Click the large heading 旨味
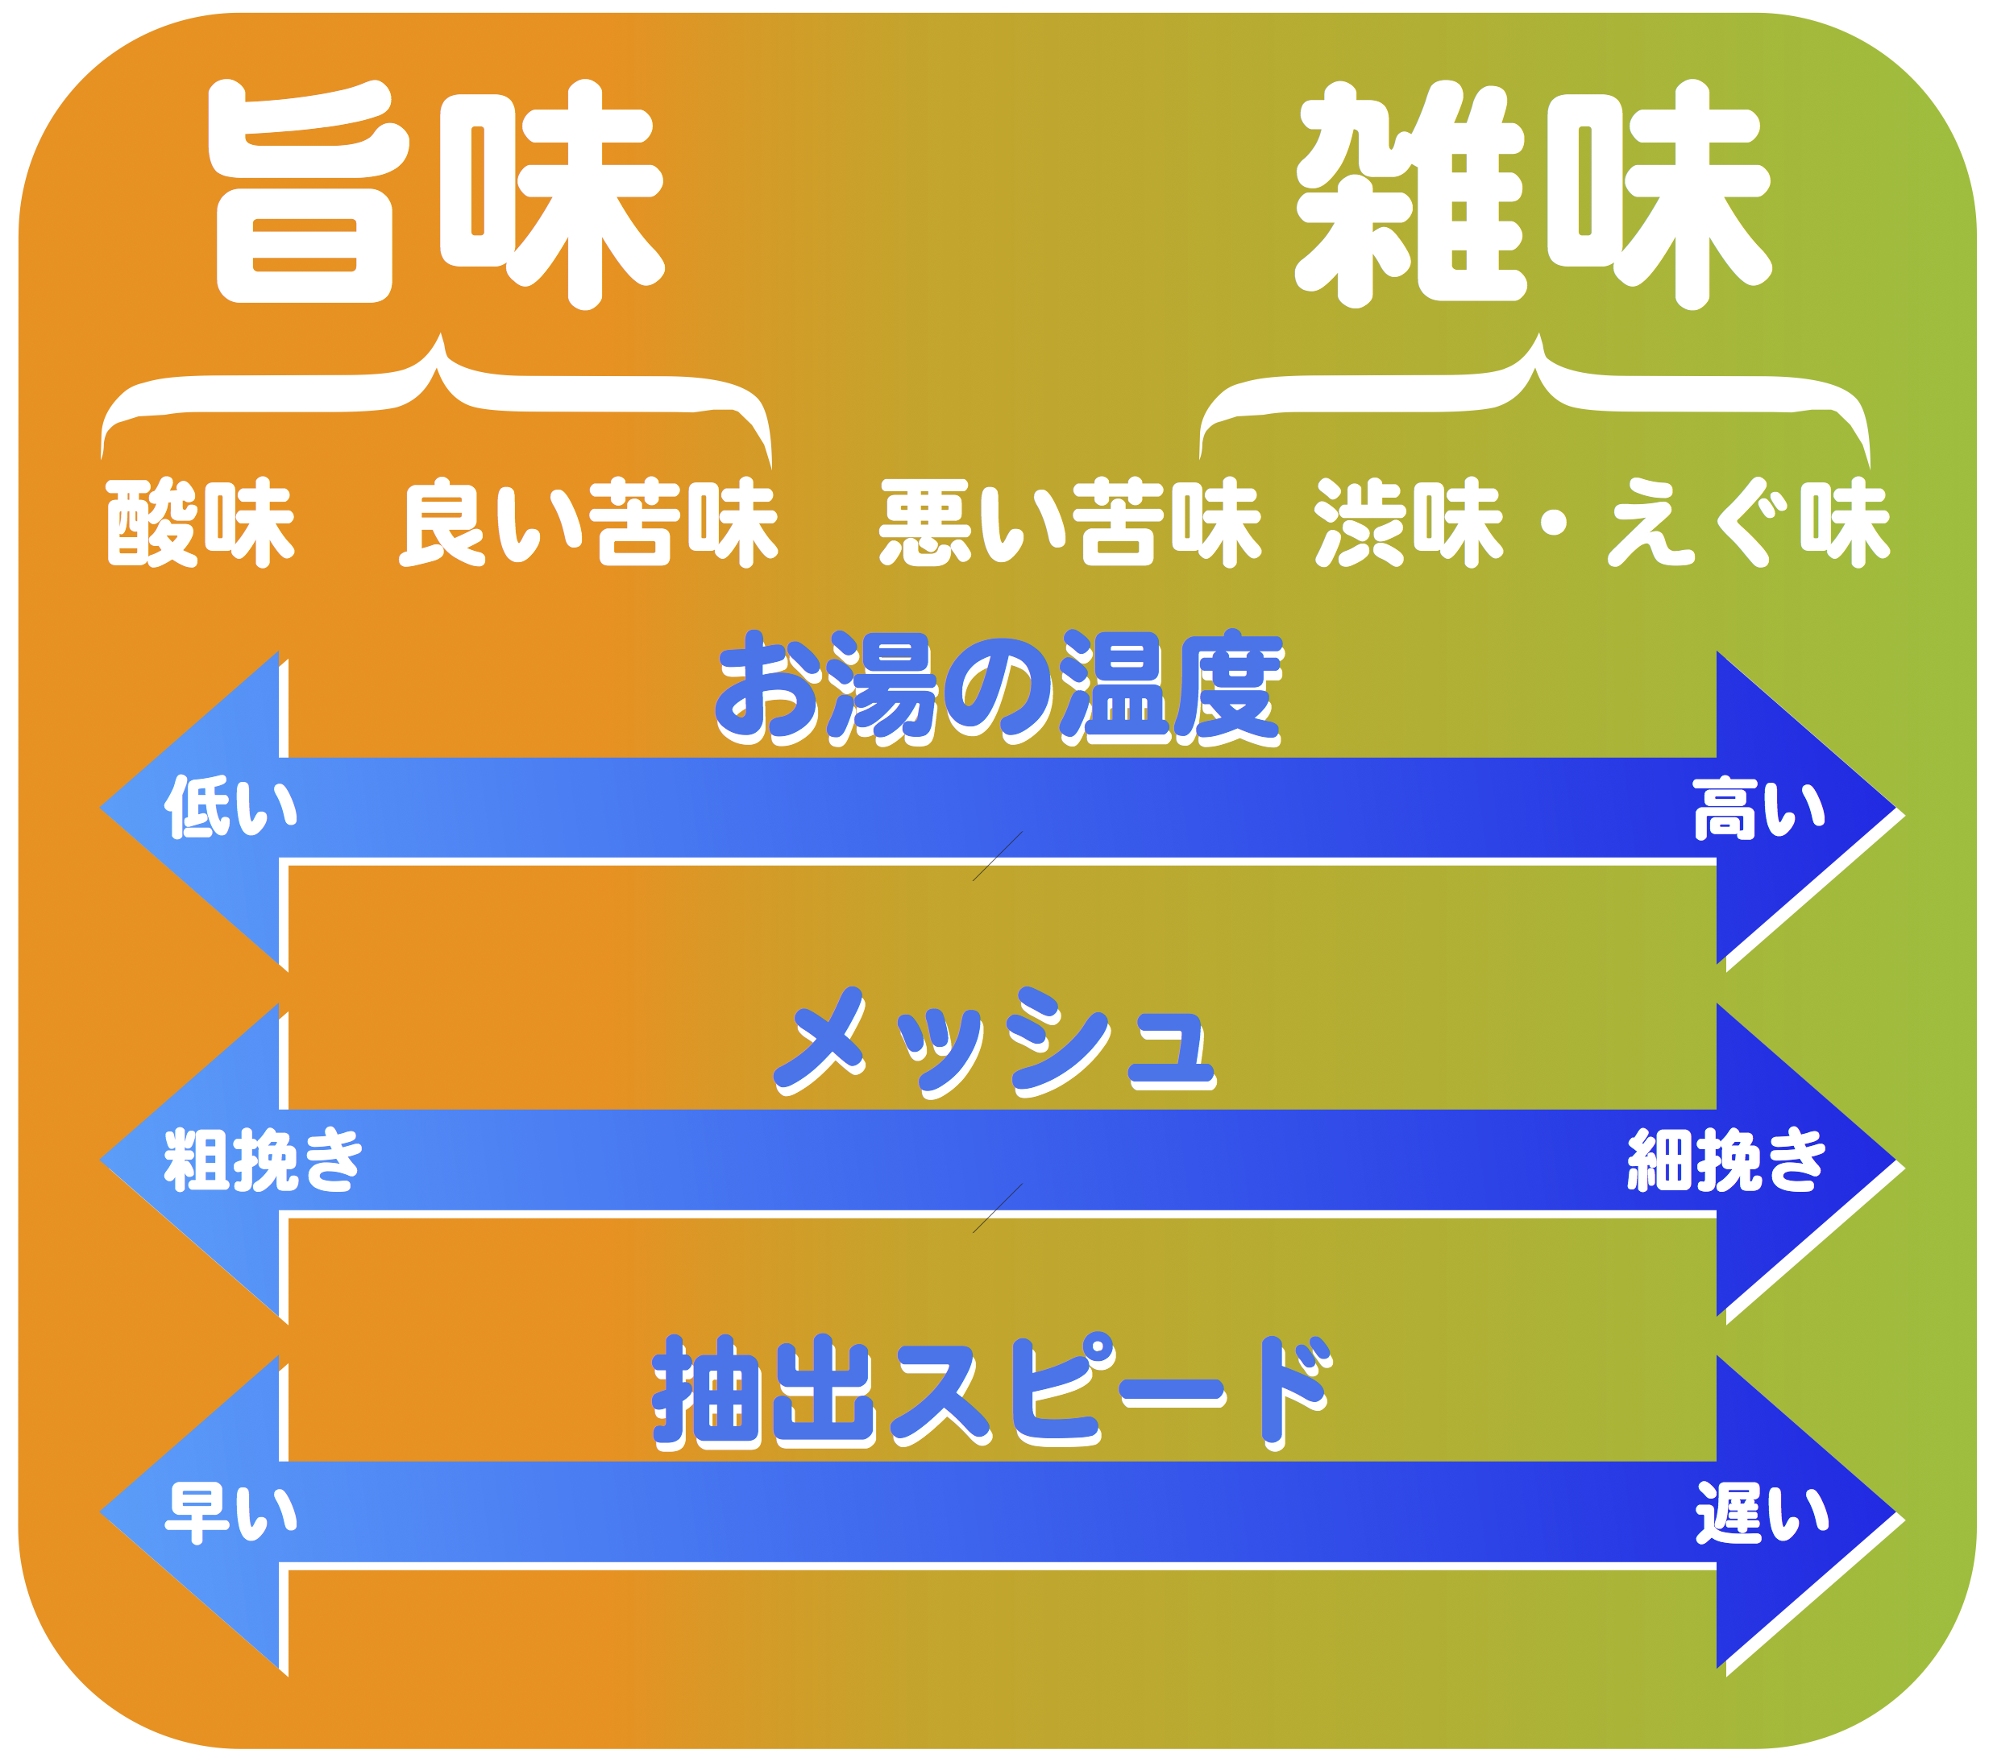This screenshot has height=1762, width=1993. click(436, 194)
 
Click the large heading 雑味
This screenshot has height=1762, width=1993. click(1533, 194)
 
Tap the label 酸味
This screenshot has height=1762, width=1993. click(200, 523)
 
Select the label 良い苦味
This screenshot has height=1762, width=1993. click(589, 523)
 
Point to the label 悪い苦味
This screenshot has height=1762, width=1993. click(1070, 523)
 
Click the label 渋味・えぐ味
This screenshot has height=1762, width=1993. click(1602, 523)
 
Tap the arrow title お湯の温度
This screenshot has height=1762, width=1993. click(999, 688)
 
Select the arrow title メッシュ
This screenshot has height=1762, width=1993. click(994, 1042)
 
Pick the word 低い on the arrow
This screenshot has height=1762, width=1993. click(230, 807)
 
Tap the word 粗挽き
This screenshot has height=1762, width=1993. click(264, 1160)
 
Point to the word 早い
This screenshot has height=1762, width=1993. click(231, 1512)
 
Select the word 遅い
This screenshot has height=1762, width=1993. click(1761, 1512)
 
